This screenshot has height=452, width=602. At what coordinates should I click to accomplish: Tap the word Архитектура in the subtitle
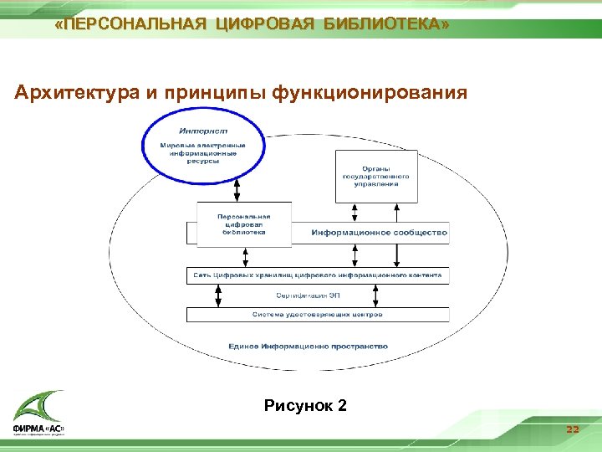click(79, 91)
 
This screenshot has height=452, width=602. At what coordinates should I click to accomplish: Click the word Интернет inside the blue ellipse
click(203, 131)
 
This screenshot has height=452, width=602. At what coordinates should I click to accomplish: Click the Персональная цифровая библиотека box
click(244, 224)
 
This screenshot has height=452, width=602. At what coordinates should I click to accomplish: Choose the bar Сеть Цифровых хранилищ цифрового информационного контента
click(318, 275)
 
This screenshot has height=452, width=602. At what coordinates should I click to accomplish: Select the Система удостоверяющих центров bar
click(318, 315)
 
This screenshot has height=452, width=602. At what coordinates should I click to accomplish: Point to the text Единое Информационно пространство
click(308, 346)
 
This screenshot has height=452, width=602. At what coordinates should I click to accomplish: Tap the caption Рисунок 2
click(305, 406)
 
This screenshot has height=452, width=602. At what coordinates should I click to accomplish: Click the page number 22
click(572, 429)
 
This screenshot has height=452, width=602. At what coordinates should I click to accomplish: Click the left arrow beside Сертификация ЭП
click(219, 295)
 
